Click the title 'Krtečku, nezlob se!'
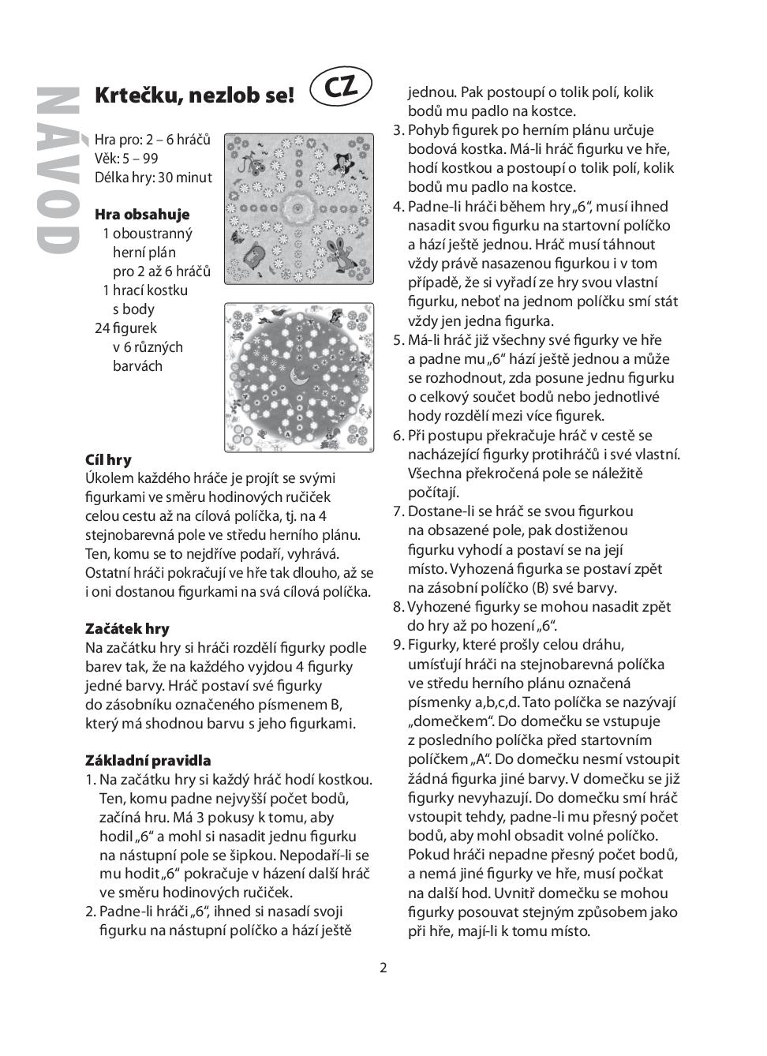[x=194, y=96]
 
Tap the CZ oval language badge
[x=341, y=86]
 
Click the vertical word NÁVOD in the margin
[x=58, y=170]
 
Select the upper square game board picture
[x=298, y=208]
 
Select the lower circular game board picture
[x=298, y=377]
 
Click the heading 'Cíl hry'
[x=108, y=459]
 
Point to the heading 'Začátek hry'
[x=127, y=628]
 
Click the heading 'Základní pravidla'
[x=148, y=760]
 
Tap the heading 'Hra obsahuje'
[x=142, y=214]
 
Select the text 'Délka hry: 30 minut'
[x=153, y=177]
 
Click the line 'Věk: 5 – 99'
[x=126, y=158]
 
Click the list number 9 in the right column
[x=398, y=645]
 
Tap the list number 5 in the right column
[x=398, y=340]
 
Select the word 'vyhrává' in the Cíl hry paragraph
[x=313, y=553]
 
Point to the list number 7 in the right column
[x=398, y=511]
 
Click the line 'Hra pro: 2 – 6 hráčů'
[x=152, y=140]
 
